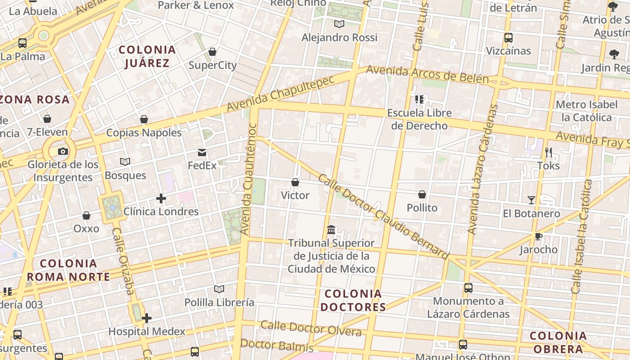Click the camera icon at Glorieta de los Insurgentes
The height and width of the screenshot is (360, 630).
63,151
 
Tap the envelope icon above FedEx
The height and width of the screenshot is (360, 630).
202,153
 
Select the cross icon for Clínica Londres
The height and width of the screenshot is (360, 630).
161,198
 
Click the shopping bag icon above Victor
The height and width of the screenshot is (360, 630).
295,182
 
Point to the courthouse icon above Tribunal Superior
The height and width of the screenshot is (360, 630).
331,230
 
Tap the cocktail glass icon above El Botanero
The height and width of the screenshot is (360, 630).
531,200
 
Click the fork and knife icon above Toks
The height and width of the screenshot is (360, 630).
548,153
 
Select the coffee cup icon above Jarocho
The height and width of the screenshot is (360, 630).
538,237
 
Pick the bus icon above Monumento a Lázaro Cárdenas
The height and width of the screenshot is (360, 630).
468,288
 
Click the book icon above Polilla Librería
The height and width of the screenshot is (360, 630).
219,289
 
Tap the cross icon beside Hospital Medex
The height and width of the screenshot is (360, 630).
146,319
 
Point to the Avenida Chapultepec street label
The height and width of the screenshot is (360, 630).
281,94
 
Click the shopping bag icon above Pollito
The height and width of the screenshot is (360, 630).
422,194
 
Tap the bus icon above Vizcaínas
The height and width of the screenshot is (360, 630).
508,38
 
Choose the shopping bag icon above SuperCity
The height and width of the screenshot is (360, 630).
212,52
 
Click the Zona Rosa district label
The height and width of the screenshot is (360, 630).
35,99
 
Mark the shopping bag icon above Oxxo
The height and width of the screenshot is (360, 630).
86,216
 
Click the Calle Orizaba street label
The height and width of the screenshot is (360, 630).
123,261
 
